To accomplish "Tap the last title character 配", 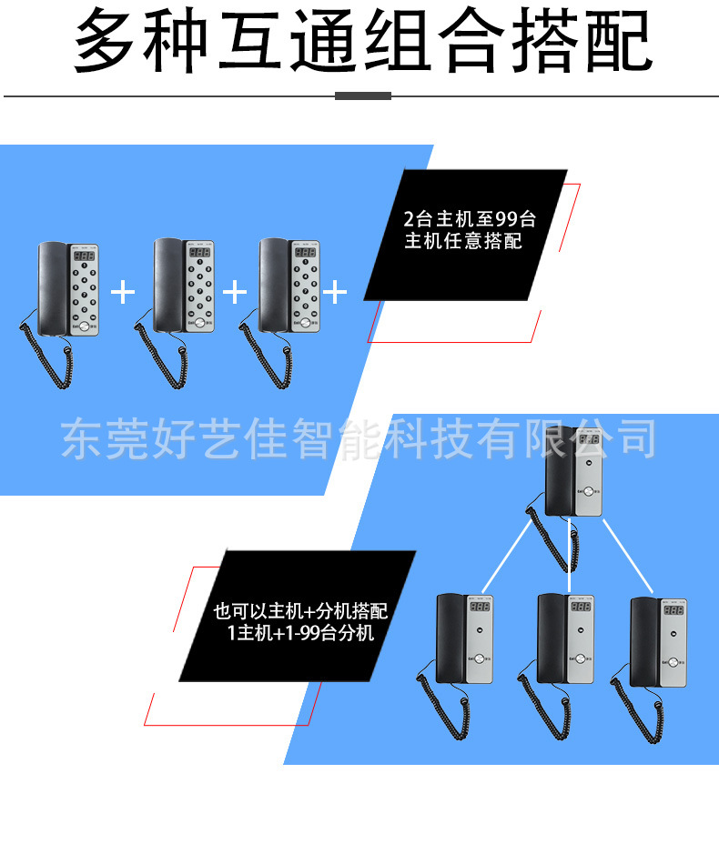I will [x=620, y=41].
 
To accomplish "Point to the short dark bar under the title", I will [x=363, y=95].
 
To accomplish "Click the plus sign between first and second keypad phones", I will [x=123, y=292].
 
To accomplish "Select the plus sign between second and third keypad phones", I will [x=235, y=292].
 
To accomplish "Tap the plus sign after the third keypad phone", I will [x=336, y=292].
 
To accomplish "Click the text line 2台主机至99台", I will [x=470, y=219].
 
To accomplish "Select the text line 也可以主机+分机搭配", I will [x=299, y=611].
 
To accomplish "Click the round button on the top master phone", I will [x=588, y=492].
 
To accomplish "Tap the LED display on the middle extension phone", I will [x=581, y=607].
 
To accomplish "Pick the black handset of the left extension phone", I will [x=451, y=637].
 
